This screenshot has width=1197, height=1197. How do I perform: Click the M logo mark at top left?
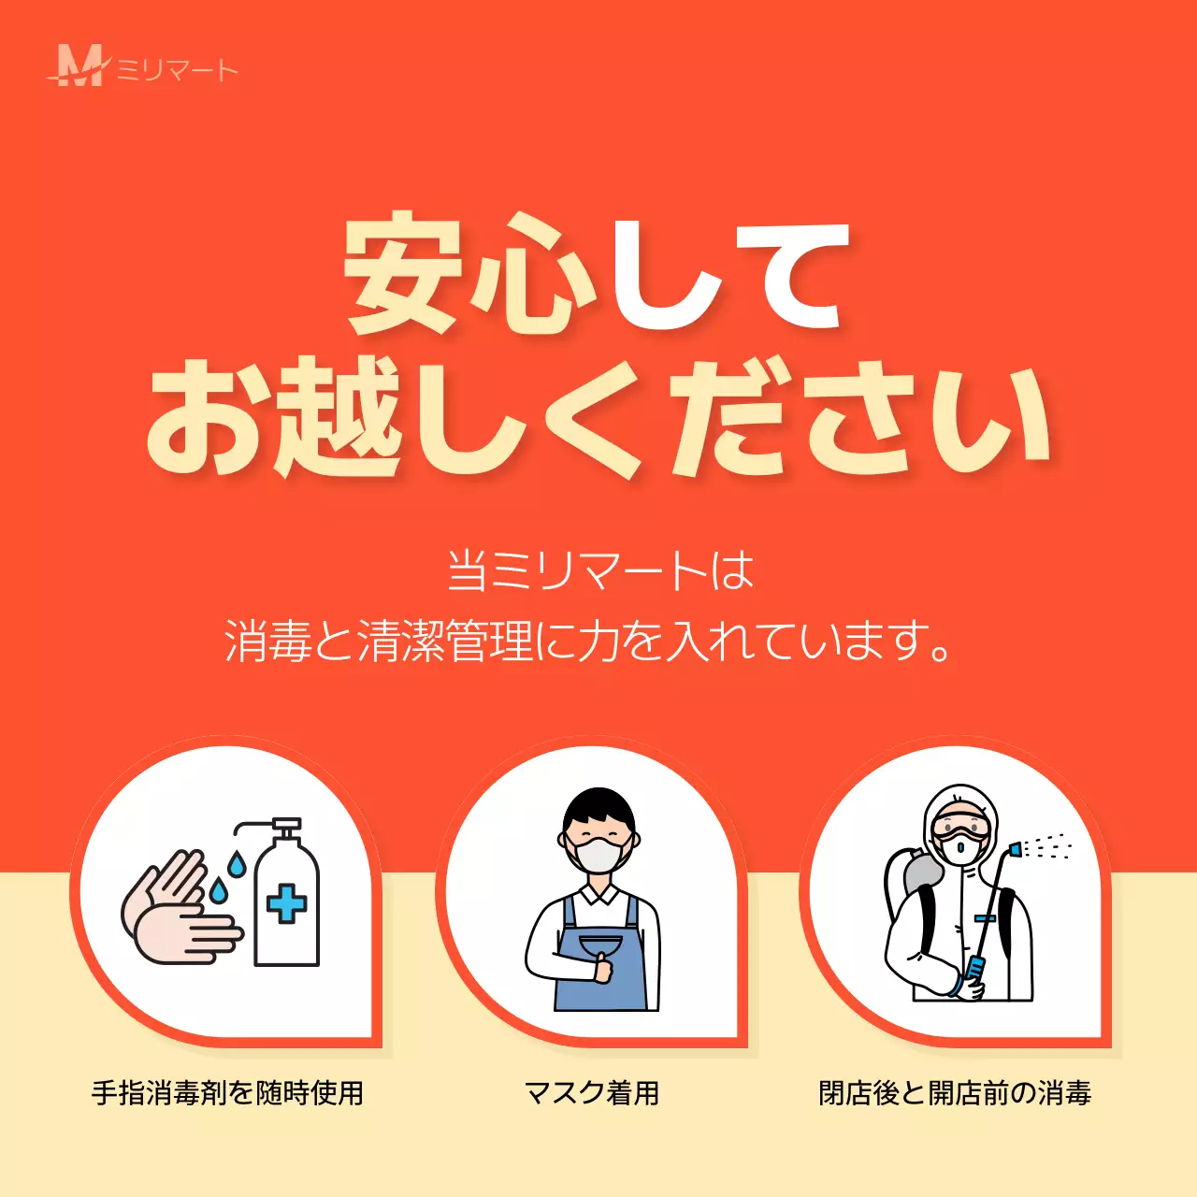pyautogui.click(x=80, y=65)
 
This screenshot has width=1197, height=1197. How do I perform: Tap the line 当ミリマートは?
pyautogui.click(x=599, y=570)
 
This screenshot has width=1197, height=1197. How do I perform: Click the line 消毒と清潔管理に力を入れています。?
pyautogui.click(x=589, y=642)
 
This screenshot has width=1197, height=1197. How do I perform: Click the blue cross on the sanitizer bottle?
pyautogui.click(x=286, y=903)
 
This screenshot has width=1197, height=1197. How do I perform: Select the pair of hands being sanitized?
pyautogui.click(x=178, y=912)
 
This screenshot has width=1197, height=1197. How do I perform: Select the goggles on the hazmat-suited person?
pyautogui.click(x=960, y=829)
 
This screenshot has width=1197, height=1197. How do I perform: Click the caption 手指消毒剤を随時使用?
pyautogui.click(x=227, y=1092)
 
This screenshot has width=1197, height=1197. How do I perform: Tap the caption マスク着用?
pyautogui.click(x=592, y=1092)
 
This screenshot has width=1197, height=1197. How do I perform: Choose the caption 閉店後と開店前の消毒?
pyautogui.click(x=955, y=1092)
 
